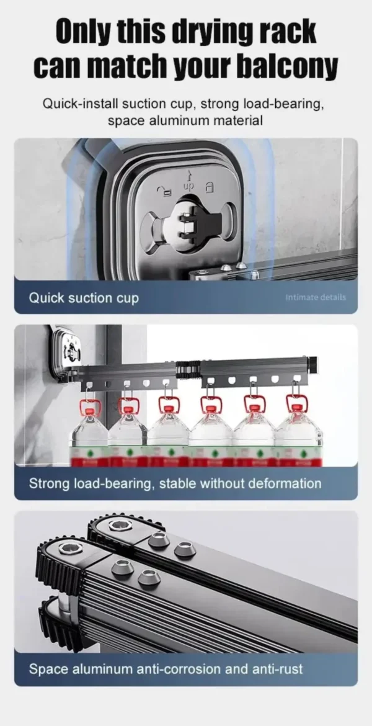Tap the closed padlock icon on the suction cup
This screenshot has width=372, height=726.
coord(209,186)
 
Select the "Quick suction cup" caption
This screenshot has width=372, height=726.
coord(84,298)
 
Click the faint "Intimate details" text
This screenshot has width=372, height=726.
coord(316,297)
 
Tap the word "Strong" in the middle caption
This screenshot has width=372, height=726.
coord(48,483)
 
